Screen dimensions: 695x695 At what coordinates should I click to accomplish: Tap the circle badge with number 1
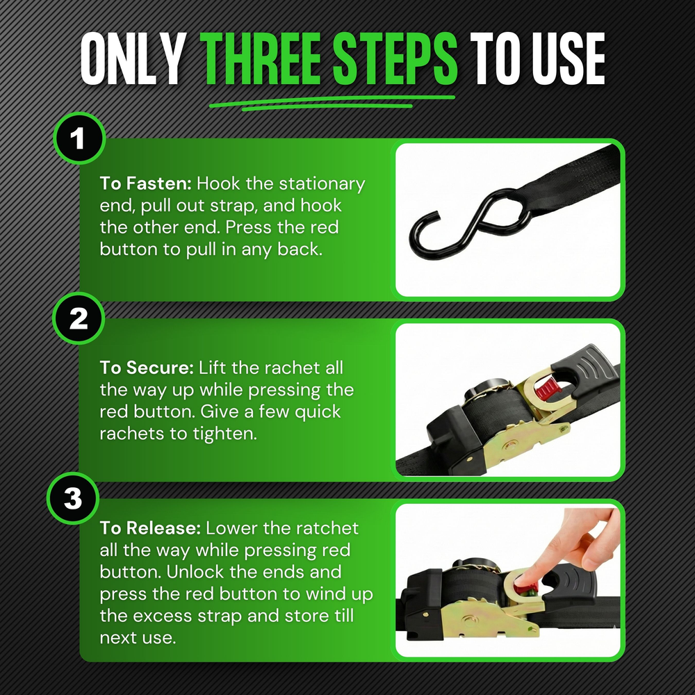click(79, 139)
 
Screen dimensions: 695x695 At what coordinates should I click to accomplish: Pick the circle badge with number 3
click(73, 499)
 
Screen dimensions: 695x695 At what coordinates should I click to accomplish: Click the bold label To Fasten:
click(145, 184)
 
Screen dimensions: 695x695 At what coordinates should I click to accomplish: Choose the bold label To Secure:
click(147, 368)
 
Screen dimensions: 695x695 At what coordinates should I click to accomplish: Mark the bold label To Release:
click(149, 529)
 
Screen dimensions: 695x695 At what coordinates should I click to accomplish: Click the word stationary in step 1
click(321, 184)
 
